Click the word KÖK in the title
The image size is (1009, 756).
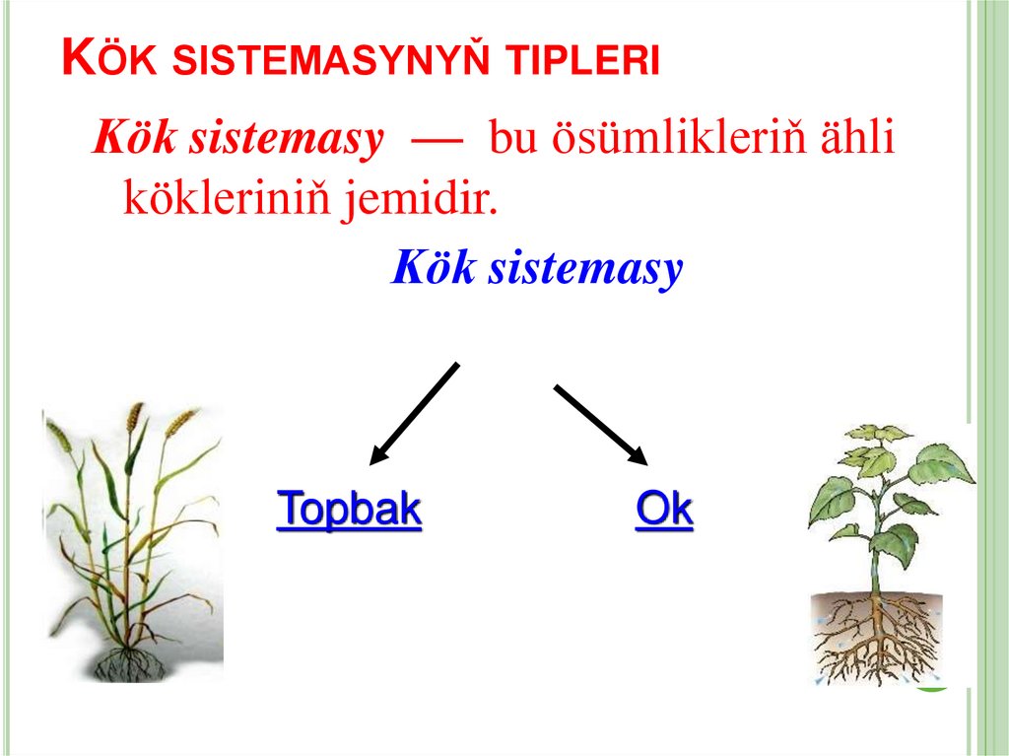click(111, 60)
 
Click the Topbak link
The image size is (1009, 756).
click(350, 510)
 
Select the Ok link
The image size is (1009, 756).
click(664, 510)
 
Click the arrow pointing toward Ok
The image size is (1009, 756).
click(600, 424)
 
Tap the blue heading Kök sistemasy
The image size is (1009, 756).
click(537, 268)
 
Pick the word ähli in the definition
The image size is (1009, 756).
click(858, 140)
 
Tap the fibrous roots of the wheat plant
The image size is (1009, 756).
click(129, 661)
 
